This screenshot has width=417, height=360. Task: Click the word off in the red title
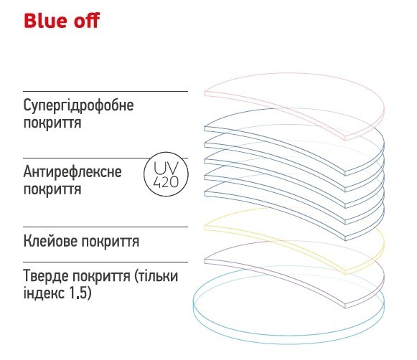point(86,21)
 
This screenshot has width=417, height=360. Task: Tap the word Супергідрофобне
point(78,105)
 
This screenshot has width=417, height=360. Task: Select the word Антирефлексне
point(72,172)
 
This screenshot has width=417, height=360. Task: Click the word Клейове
point(50,242)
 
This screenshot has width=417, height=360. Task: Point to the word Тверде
point(46,276)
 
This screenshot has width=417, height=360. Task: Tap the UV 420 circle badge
point(166,174)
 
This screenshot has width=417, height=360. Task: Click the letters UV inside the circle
point(166,168)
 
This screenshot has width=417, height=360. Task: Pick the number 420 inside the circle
point(166,182)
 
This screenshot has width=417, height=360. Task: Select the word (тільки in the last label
point(156,276)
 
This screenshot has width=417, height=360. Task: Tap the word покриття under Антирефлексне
point(52,190)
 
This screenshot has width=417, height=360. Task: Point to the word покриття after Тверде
point(101,277)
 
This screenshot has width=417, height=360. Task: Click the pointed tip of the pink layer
point(345,138)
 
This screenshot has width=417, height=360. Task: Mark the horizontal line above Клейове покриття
point(106,227)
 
